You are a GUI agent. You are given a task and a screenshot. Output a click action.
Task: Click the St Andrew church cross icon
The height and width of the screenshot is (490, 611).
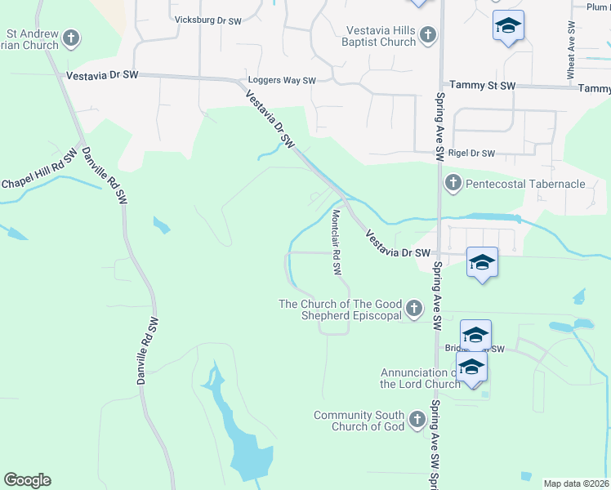tap(71, 38)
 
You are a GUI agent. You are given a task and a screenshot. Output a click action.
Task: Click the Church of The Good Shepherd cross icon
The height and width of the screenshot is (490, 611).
tap(415, 309)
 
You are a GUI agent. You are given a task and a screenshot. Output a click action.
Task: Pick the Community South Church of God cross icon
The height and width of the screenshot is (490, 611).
tap(418, 420)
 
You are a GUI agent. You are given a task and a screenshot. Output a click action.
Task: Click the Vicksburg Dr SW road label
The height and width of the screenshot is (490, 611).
tap(208, 20)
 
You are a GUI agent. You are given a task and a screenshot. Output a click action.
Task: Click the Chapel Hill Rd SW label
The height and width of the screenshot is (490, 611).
tap(39, 171)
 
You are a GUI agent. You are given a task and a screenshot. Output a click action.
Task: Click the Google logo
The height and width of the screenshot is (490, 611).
tap(27, 480)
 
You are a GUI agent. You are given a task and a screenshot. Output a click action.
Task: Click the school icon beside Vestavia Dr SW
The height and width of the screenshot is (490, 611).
tap(482, 262)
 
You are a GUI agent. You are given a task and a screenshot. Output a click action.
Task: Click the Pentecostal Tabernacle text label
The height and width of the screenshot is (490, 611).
tap(525, 184)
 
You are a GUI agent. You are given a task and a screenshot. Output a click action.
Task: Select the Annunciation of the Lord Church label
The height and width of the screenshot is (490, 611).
tap(421, 378)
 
